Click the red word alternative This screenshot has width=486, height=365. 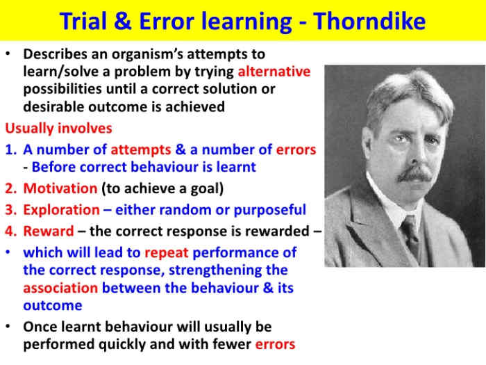274,72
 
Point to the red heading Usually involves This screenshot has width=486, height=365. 58,129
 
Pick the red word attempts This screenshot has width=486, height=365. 144,149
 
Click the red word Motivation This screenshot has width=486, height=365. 60,188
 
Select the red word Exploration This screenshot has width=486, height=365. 62,210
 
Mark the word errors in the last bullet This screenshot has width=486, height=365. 275,344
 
